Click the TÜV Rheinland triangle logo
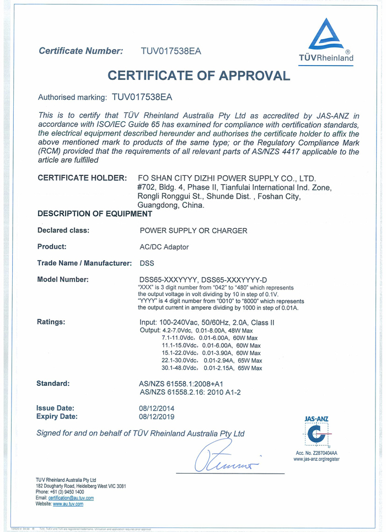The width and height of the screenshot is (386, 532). tap(326, 36)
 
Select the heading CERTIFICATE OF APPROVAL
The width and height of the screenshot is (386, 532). tap(199, 76)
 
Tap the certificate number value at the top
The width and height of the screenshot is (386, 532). tap(171, 51)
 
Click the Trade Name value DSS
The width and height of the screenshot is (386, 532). tap(147, 264)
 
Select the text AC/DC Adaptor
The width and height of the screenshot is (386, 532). tap(164, 247)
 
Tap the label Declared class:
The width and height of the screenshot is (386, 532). tap(63, 230)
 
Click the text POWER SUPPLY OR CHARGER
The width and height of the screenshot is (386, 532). tap(194, 230)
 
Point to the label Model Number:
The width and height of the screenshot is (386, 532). tap(63, 280)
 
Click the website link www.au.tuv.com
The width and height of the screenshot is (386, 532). tap(68, 504)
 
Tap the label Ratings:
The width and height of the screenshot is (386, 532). tap(51, 321)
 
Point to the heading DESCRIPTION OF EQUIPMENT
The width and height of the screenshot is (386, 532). tap(94, 213)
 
